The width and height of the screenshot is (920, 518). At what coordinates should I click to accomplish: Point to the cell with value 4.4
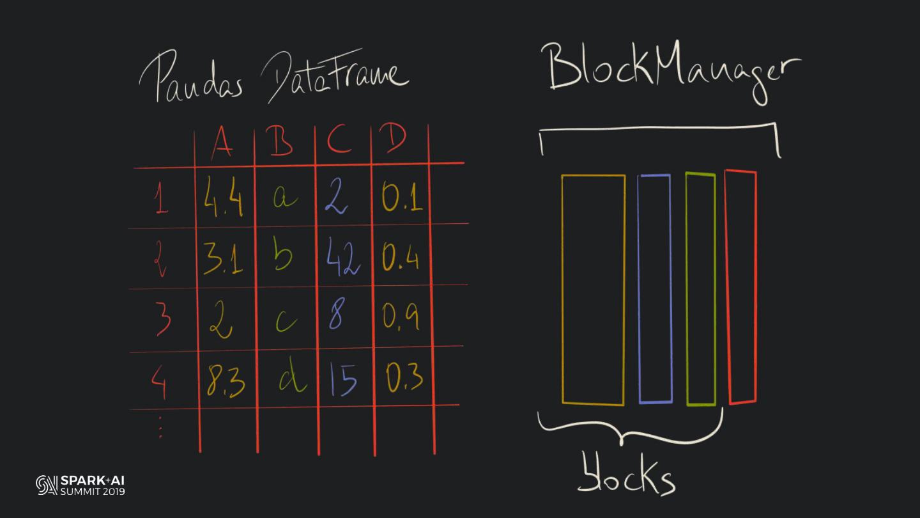(224, 196)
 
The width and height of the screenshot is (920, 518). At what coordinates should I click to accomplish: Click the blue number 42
(343, 259)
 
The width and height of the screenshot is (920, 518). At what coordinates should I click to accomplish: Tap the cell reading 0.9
(401, 316)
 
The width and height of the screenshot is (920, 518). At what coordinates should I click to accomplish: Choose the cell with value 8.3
(226, 379)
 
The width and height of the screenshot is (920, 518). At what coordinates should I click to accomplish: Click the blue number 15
(343, 379)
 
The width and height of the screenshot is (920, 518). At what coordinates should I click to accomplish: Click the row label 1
(161, 200)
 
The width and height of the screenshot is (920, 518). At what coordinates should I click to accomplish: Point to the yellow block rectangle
(593, 290)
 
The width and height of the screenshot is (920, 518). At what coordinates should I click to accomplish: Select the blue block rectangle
(655, 289)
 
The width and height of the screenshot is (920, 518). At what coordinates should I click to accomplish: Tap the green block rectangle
(701, 289)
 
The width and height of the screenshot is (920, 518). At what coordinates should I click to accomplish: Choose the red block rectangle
(742, 287)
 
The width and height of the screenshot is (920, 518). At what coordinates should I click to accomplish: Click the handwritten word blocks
(625, 475)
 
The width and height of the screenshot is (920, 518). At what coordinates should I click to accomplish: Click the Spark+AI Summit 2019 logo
(80, 485)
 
